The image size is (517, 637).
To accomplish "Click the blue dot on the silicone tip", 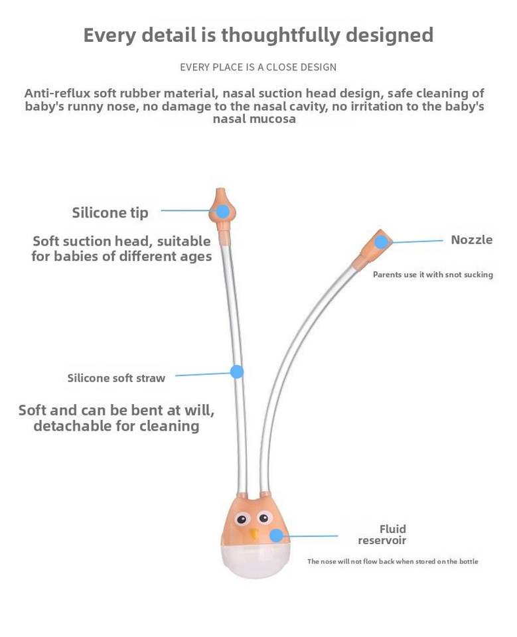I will click(223, 212).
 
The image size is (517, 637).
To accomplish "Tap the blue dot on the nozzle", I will click(381, 242).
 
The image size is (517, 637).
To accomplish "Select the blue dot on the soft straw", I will click(237, 372).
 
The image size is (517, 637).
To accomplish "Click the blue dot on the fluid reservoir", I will click(275, 535).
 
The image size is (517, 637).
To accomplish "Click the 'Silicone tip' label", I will click(110, 213).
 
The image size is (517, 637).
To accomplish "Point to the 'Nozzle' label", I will click(471, 240).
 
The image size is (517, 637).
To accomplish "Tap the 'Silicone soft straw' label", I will click(116, 378).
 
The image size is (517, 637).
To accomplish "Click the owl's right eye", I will click(265, 518).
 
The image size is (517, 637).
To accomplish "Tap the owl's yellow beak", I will click(254, 532).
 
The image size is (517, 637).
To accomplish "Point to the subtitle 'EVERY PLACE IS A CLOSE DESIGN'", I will click(258, 67).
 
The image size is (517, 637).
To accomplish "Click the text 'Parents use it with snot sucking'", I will click(433, 275).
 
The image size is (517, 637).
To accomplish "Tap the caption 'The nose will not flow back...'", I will click(392, 561).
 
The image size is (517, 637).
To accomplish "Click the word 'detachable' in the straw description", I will click(73, 426).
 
